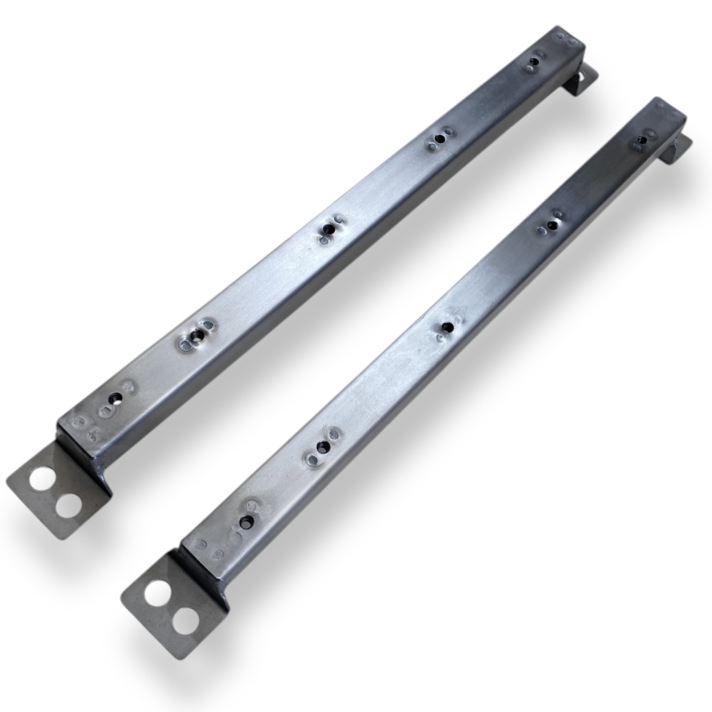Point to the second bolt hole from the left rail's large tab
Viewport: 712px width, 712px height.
(x=198, y=335)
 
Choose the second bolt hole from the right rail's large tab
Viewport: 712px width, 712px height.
(x=321, y=447)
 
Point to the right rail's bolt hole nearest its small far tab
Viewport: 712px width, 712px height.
(x=641, y=140)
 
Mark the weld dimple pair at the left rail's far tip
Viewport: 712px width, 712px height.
(x=565, y=36)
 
